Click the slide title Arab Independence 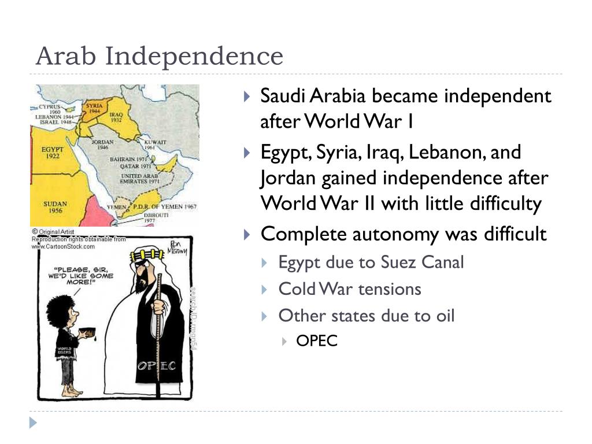coord(159,56)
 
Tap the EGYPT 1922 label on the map coord(52,152)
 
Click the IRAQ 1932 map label coord(116,119)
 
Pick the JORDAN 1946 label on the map coord(103,145)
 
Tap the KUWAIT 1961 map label coord(156,145)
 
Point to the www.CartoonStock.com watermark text coord(63,246)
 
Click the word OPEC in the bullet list coord(316,341)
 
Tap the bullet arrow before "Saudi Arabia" coord(247,95)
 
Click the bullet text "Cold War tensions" coord(350,289)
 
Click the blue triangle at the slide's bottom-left coord(34,422)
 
